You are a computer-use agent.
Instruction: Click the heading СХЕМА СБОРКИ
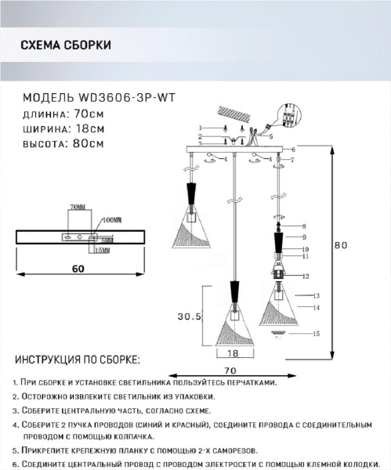click(x=64, y=45)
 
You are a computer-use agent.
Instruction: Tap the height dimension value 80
click(x=340, y=244)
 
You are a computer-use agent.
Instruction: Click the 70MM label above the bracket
click(x=77, y=207)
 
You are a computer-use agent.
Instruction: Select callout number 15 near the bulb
click(x=316, y=334)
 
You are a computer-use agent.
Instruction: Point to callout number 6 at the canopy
click(x=292, y=149)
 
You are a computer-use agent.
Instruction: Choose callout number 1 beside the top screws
click(x=201, y=128)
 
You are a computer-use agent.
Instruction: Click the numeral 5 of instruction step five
click(x=16, y=452)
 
